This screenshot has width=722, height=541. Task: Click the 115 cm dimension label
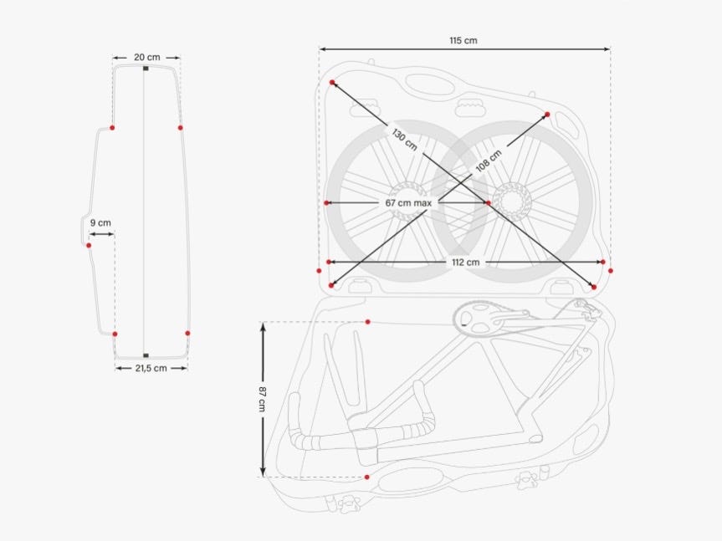pos(463,40)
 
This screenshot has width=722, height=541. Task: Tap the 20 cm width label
pos(146,57)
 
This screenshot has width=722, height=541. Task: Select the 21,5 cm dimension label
pos(151,368)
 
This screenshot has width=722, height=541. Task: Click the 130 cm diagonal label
pos(404,139)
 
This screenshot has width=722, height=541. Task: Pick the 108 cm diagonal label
pos(489,161)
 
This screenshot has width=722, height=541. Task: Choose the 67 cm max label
pos(407,203)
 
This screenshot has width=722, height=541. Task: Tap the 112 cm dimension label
pos(465,263)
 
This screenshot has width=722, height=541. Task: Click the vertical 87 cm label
pos(263,399)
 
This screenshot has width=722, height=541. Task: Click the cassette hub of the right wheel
pos(509,199)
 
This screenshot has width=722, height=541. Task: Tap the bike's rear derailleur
pos(589,312)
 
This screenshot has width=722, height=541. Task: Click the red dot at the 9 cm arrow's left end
pos(89,245)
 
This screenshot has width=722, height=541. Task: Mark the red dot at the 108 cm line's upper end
pos(547,115)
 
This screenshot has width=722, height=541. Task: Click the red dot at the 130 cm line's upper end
pos(332,83)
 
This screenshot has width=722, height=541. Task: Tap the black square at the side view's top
pos(146,68)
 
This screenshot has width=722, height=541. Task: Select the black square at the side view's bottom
pos(146,355)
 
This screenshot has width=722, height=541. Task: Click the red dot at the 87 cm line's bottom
pos(366,477)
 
